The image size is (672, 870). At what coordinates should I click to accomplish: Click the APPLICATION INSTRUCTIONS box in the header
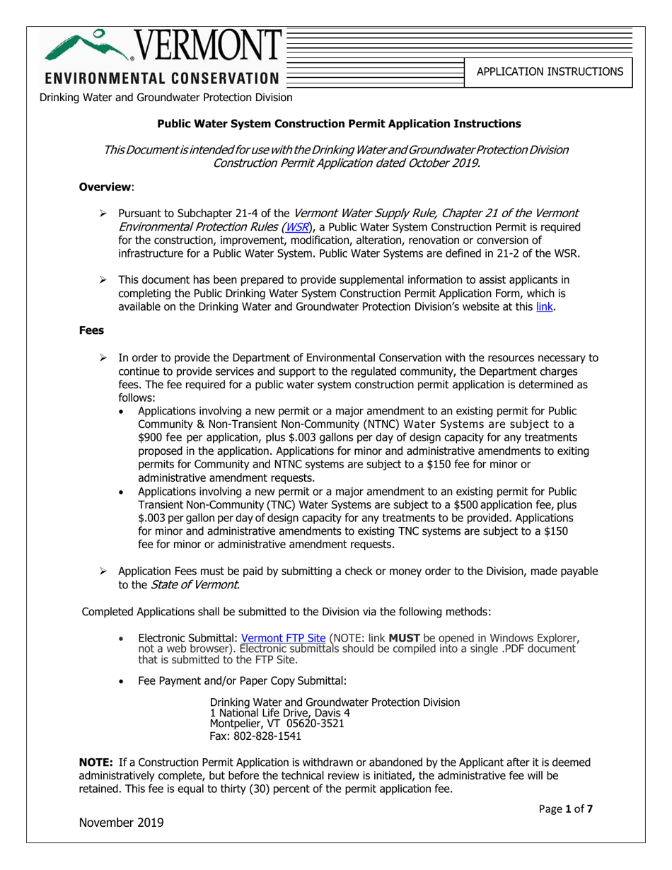click(x=548, y=71)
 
